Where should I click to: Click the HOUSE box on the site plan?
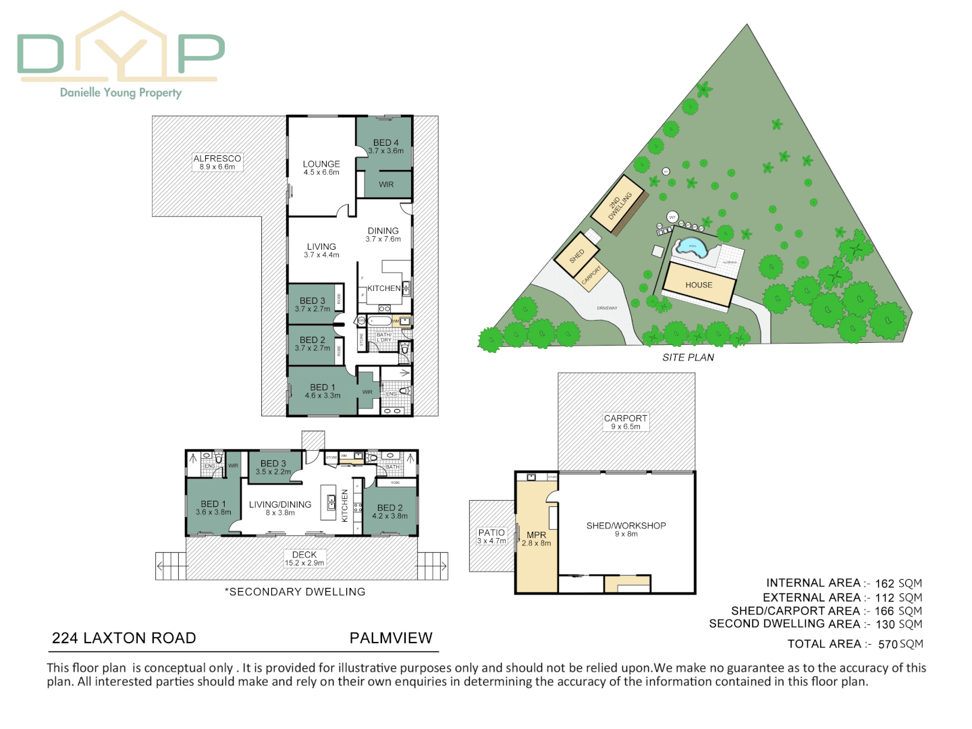click(x=699, y=285)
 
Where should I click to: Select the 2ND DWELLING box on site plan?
click(x=618, y=205)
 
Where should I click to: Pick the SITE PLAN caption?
click(x=688, y=358)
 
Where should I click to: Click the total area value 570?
click(x=888, y=645)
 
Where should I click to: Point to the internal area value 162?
click(x=884, y=584)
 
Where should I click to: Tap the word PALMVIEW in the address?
click(x=391, y=638)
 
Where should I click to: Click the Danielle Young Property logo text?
click(x=121, y=92)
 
